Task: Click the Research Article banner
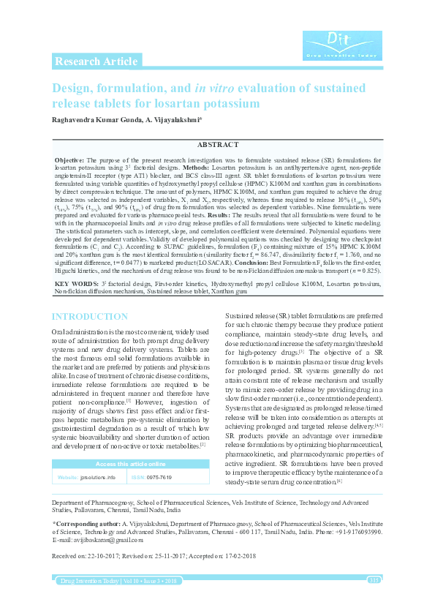96,61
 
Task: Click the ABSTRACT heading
217,146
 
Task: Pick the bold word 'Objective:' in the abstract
70,159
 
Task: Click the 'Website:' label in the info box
69,477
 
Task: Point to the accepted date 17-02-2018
245,557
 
